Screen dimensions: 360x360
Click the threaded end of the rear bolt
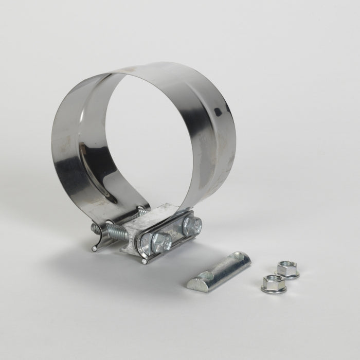(142, 210)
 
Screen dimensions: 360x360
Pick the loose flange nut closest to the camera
(273, 283)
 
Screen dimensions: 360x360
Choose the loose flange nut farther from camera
(287, 269)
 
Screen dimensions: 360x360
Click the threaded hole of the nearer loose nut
(273, 281)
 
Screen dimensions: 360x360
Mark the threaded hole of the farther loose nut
(287, 266)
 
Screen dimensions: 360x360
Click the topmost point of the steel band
(154, 64)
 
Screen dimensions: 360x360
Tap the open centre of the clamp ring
(149, 139)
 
